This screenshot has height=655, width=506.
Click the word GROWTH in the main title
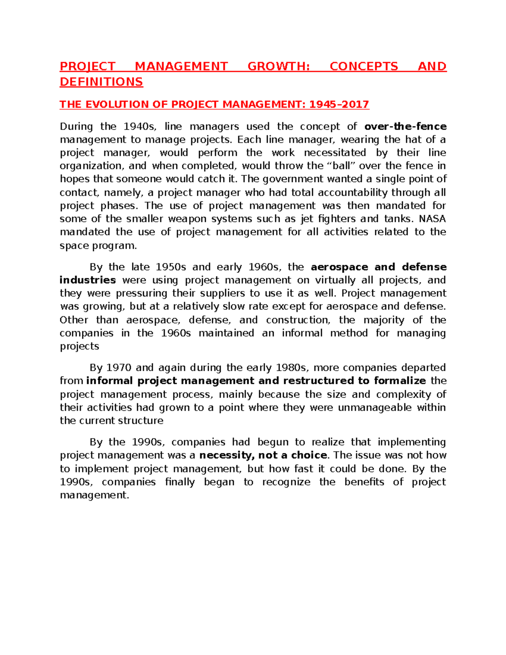coord(278,67)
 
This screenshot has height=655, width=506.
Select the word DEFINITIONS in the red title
coord(101,82)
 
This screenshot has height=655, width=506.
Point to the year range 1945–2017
coord(339,105)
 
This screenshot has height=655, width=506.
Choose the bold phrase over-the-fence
coord(405,127)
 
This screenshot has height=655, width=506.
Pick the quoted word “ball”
coord(341,166)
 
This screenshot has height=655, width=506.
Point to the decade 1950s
coord(171,267)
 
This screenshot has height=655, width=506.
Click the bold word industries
coord(88,280)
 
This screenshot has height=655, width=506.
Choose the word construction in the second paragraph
coord(298,320)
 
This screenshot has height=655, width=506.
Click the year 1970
coord(119,368)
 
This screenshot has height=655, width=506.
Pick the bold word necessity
coord(226,455)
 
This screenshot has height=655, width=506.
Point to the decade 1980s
coord(291,368)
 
